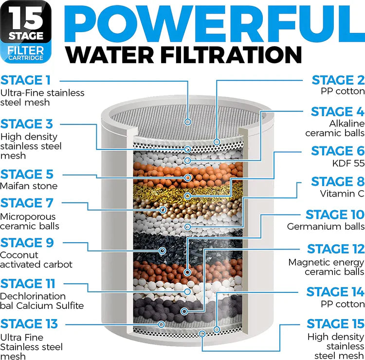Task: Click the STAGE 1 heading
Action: (26, 80)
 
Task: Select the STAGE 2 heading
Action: (338, 80)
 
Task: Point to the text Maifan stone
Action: (29, 186)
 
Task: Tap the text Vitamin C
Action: (342, 193)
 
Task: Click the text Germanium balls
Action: (326, 226)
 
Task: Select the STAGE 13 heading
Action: (29, 324)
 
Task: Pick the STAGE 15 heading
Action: (335, 324)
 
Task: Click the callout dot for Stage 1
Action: (188, 122)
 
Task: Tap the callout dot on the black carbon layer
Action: (162, 251)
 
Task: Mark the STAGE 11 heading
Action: (28, 283)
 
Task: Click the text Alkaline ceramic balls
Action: (335, 128)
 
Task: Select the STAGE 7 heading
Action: (27, 202)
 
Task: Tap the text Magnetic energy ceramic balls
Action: (326, 267)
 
